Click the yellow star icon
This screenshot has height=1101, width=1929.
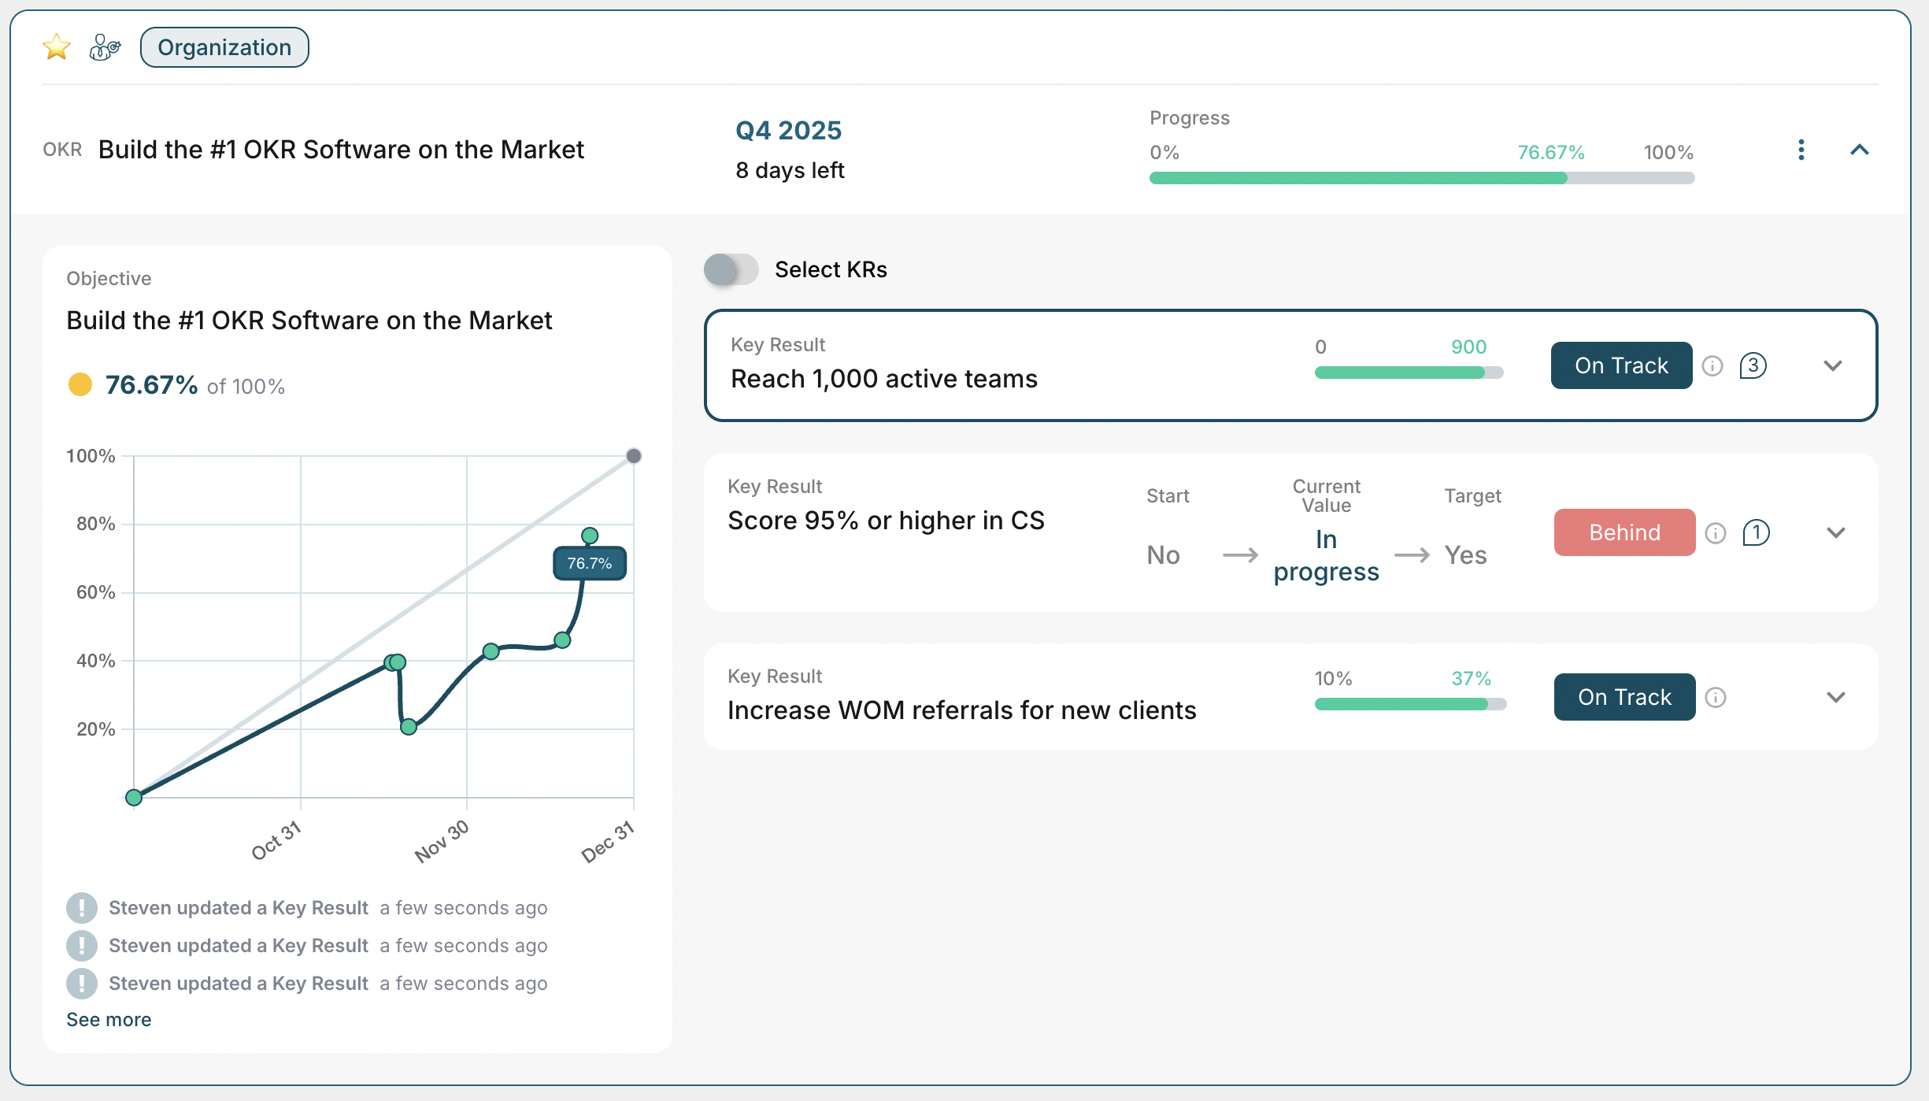point(57,47)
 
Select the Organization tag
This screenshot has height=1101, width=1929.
point(224,47)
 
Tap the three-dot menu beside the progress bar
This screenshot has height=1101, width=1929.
point(1801,150)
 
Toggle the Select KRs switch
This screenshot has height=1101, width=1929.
point(731,269)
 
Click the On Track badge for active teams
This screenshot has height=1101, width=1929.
point(1621,365)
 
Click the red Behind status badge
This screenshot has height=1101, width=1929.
point(1624,532)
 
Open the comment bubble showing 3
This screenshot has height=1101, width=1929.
point(1753,365)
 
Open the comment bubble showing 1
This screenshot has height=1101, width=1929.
point(1756,532)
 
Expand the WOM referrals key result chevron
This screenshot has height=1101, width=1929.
point(1835,697)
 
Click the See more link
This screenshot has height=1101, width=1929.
point(109,1019)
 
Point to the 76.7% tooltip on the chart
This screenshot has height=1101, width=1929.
point(590,563)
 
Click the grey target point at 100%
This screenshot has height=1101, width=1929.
point(634,456)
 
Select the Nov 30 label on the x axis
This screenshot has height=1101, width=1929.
point(442,840)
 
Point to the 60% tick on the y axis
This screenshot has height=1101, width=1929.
point(96,592)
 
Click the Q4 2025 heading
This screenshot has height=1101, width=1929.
point(788,130)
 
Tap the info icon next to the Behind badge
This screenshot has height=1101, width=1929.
point(1716,533)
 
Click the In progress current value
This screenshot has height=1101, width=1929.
point(1326,555)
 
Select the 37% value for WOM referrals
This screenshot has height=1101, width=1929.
point(1471,678)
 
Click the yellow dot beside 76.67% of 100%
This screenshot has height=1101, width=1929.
point(80,384)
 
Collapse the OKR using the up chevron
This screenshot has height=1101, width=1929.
point(1859,150)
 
